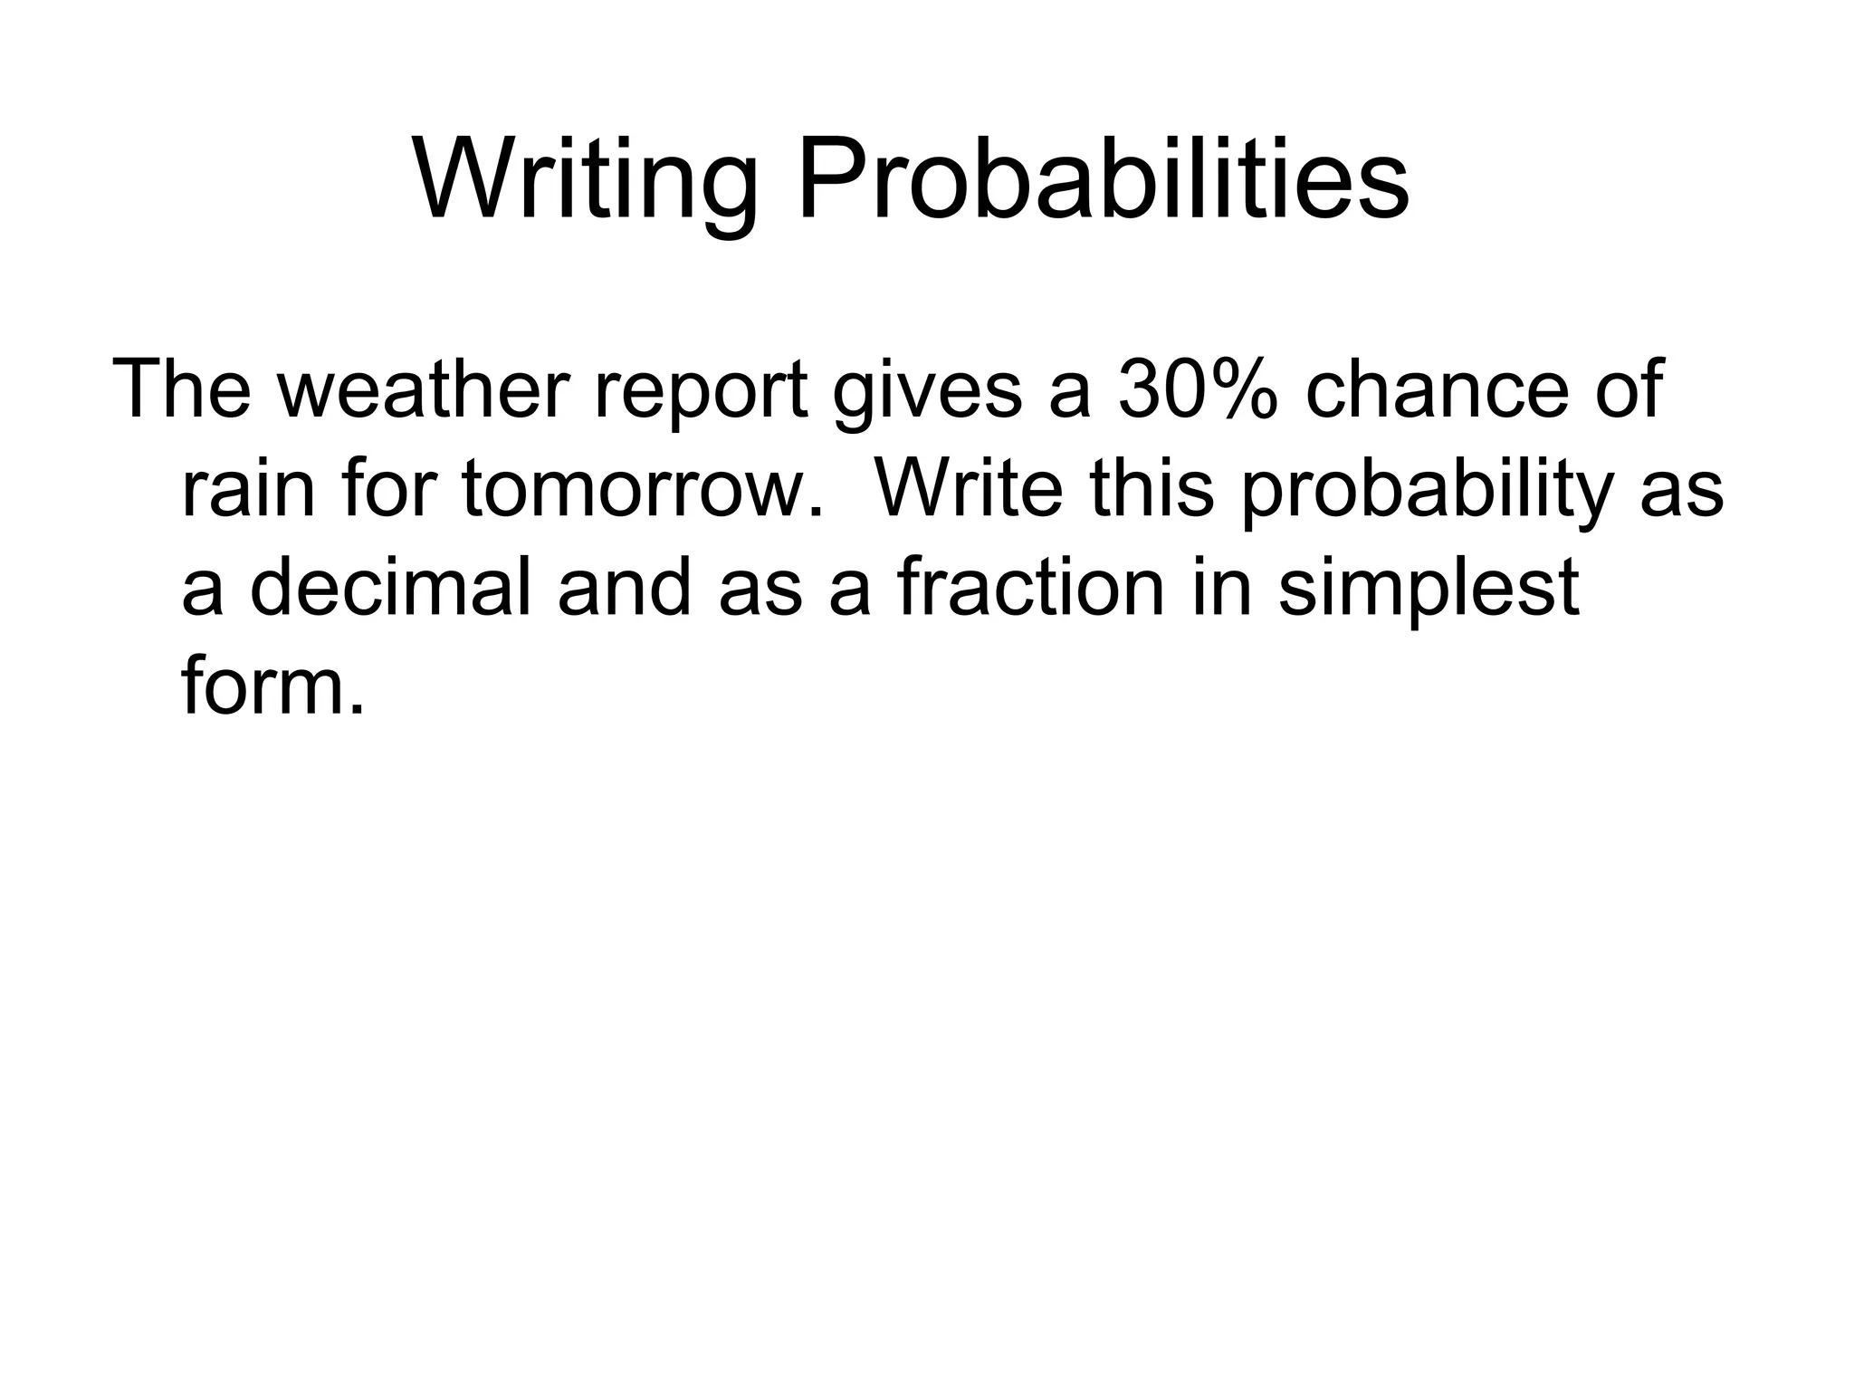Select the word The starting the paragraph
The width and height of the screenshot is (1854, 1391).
click(181, 389)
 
